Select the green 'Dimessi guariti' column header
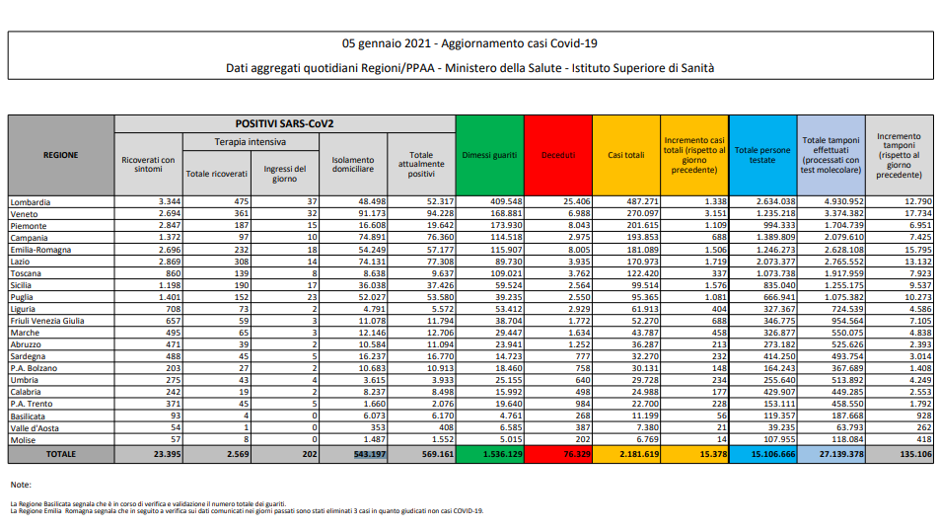pyautogui.click(x=489, y=155)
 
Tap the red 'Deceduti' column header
pyautogui.click(x=557, y=155)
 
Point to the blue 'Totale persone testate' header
pyautogui.click(x=762, y=155)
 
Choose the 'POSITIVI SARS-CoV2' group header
pyautogui.click(x=284, y=123)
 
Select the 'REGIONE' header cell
pyautogui.click(x=61, y=155)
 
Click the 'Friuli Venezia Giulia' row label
pyautogui.click(x=47, y=322)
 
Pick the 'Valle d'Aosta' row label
pyautogui.click(x=35, y=427)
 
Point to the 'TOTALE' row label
pyautogui.click(x=61, y=455)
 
